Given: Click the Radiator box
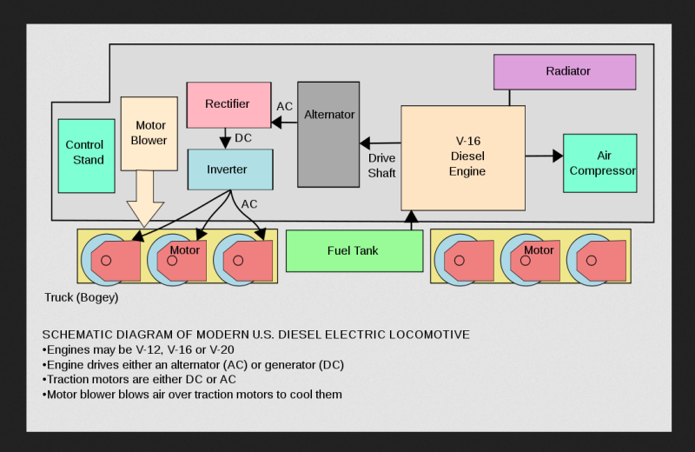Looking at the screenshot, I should pyautogui.click(x=565, y=71).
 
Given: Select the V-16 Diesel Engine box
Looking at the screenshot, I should pyautogui.click(x=463, y=158).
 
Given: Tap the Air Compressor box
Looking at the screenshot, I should pyautogui.click(x=599, y=163).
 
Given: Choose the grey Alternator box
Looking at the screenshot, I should pyautogui.click(x=328, y=134).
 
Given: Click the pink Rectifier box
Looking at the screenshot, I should pyautogui.click(x=228, y=104).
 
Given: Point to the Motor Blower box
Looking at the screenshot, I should pyautogui.click(x=149, y=133).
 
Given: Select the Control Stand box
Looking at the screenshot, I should pyautogui.click(x=85, y=156).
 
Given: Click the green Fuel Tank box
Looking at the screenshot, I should pyautogui.click(x=354, y=251).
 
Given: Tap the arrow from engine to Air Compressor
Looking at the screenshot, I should pyautogui.click(x=545, y=156).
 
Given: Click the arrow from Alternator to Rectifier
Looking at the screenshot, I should pyautogui.click(x=285, y=123).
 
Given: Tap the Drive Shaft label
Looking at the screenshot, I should pyautogui.click(x=381, y=165).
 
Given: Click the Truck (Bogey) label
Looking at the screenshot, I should pyautogui.click(x=81, y=297).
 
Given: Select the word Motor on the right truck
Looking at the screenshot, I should pyautogui.click(x=539, y=250).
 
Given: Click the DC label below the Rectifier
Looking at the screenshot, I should pyautogui.click(x=244, y=138).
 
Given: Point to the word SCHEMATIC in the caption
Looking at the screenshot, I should pyautogui.click(x=76, y=335).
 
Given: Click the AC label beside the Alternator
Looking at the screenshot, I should pyautogui.click(x=285, y=107).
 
